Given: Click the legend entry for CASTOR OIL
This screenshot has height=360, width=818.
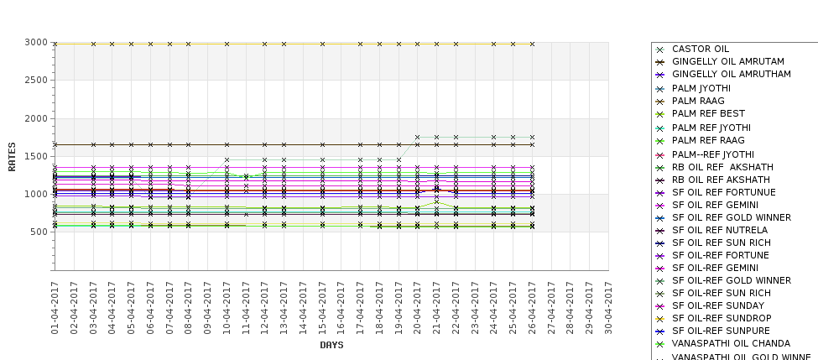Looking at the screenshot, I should click(701, 50).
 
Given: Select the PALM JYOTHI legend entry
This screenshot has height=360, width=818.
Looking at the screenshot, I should click(701, 88).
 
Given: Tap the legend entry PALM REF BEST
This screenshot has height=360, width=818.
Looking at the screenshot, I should click(708, 113).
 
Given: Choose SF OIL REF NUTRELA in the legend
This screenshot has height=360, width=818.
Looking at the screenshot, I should click(720, 230).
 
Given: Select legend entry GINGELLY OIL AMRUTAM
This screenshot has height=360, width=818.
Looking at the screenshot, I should click(728, 62).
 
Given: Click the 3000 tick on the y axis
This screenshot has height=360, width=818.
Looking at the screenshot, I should click(36, 43).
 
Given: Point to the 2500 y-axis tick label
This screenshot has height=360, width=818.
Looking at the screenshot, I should click(36, 81).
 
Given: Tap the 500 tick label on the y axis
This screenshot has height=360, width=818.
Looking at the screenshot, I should click(39, 232).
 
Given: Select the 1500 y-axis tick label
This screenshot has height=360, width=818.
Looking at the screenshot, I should click(36, 156).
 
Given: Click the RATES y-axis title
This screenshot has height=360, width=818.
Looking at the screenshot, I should click(12, 156).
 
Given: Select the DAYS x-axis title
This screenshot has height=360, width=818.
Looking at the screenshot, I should click(331, 345).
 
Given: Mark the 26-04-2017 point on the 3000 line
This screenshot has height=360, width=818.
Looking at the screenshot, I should click(532, 44).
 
